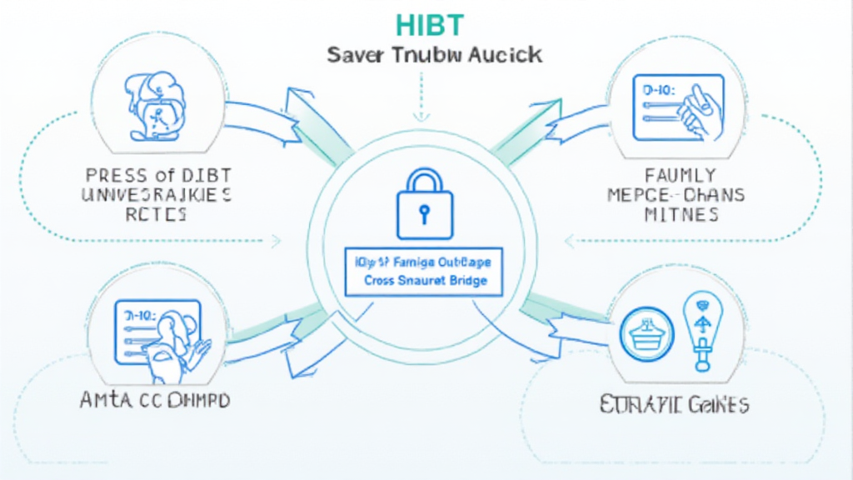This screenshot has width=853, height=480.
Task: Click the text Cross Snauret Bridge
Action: click(x=425, y=282)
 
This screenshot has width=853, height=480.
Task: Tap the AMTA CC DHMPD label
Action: click(x=155, y=401)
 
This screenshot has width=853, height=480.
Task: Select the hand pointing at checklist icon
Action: click(x=678, y=108)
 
